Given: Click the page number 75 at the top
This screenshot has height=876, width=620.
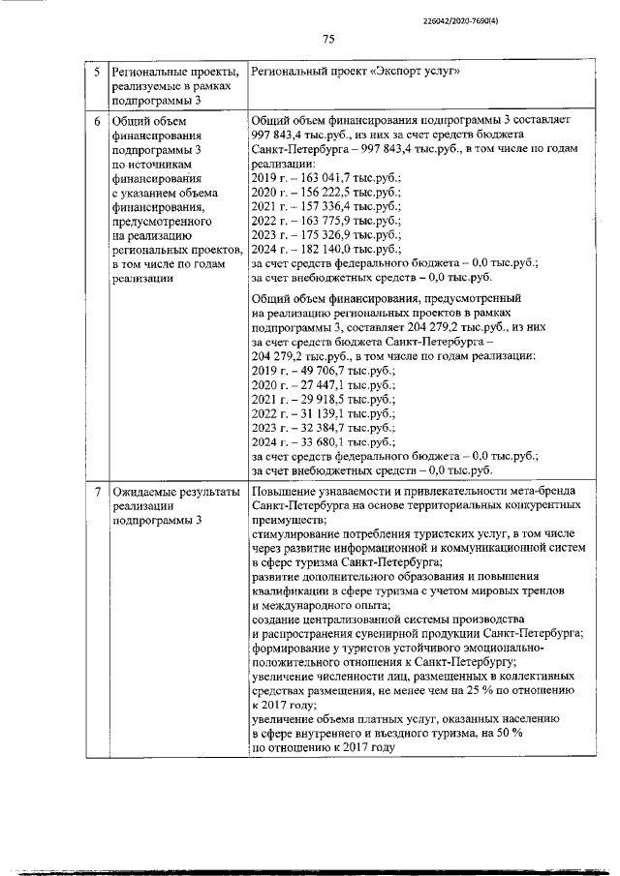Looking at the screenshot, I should click(x=327, y=39).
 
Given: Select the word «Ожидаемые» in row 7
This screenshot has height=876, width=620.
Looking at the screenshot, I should click(x=147, y=493).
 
